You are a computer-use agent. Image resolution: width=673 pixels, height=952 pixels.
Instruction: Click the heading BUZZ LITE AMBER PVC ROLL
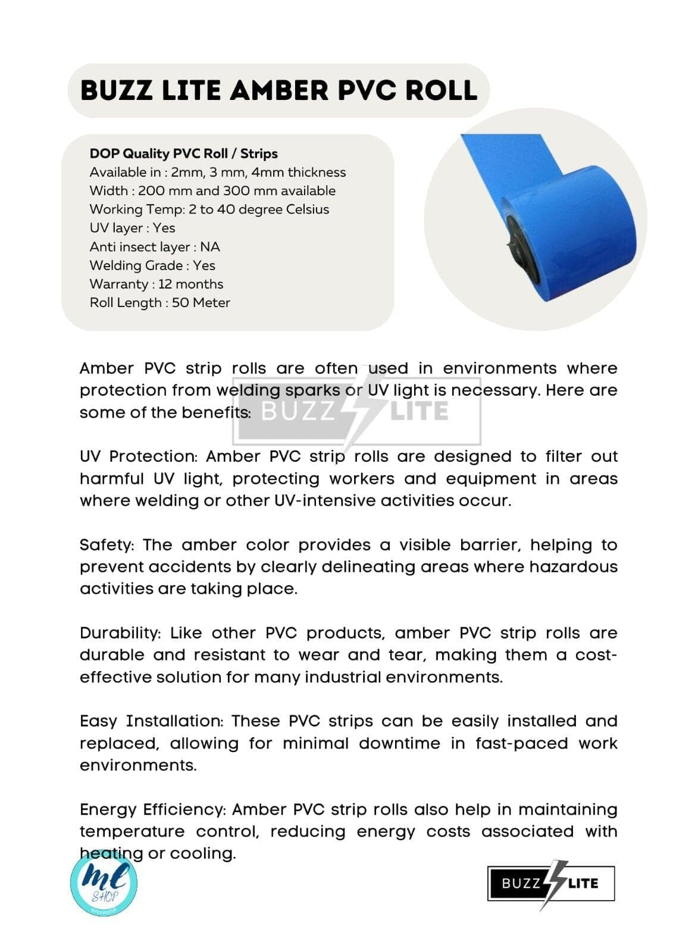[278, 90]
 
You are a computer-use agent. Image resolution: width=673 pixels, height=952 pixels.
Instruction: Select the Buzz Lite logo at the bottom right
[550, 884]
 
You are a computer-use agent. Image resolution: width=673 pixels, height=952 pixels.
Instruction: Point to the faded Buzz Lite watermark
[356, 411]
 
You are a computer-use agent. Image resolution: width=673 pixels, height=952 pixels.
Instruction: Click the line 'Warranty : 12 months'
[156, 284]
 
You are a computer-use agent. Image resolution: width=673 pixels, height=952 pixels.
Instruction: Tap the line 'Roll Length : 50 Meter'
[159, 302]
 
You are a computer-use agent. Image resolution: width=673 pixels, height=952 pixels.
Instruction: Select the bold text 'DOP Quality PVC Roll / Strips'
[183, 154]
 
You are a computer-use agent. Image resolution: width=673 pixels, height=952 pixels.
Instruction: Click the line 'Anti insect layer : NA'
[155, 246]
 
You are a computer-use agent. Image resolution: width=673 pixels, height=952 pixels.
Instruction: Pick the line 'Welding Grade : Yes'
[152, 265]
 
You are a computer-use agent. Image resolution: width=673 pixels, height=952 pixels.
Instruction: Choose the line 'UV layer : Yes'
[132, 228]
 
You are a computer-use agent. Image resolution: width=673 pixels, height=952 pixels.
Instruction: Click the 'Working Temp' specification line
[209, 209]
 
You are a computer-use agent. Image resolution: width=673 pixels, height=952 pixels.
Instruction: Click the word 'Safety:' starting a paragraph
[107, 545]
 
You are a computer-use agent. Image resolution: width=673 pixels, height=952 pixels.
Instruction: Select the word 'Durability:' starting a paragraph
[120, 633]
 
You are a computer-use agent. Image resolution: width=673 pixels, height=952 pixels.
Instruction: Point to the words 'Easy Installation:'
[151, 721]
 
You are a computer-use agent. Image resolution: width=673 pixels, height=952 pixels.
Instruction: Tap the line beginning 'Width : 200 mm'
[212, 191]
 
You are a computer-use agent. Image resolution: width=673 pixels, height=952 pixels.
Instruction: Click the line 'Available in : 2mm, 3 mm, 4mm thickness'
[217, 173]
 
